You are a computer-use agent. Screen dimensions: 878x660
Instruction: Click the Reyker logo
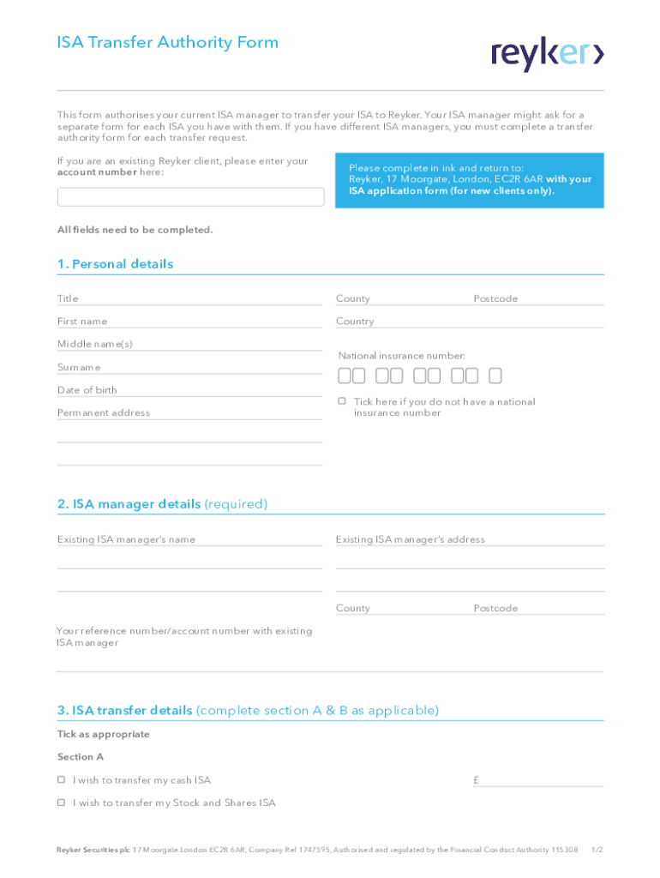pos(548,54)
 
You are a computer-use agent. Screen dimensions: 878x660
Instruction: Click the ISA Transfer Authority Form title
pos(168,43)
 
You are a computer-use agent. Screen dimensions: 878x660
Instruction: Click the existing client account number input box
pos(190,197)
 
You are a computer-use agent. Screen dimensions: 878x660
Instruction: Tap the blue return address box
pos(470,180)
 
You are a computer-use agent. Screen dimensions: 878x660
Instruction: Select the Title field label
pos(68,298)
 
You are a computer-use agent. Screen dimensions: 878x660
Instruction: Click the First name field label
pos(82,322)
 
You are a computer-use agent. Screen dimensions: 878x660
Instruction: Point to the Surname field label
pos(79,367)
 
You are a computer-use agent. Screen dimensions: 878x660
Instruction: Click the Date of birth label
pos(87,390)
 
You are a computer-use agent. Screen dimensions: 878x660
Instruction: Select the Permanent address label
pos(104,412)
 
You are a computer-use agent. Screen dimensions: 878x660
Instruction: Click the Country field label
pos(355,322)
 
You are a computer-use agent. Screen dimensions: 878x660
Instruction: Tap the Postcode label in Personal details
pos(495,298)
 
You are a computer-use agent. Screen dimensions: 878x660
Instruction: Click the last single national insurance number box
pos(495,376)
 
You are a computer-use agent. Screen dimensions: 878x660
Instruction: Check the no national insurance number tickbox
pos(342,401)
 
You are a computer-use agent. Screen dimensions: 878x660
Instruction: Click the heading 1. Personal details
pos(115,264)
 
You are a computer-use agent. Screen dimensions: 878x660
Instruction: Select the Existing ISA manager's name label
pos(126,539)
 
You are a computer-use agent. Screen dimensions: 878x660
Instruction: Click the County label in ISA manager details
pos(353,608)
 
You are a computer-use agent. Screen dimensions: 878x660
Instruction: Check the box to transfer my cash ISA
pos(62,780)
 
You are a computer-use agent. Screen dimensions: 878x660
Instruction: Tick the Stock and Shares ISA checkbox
pos(62,803)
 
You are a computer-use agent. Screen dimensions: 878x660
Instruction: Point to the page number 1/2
pos(597,850)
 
